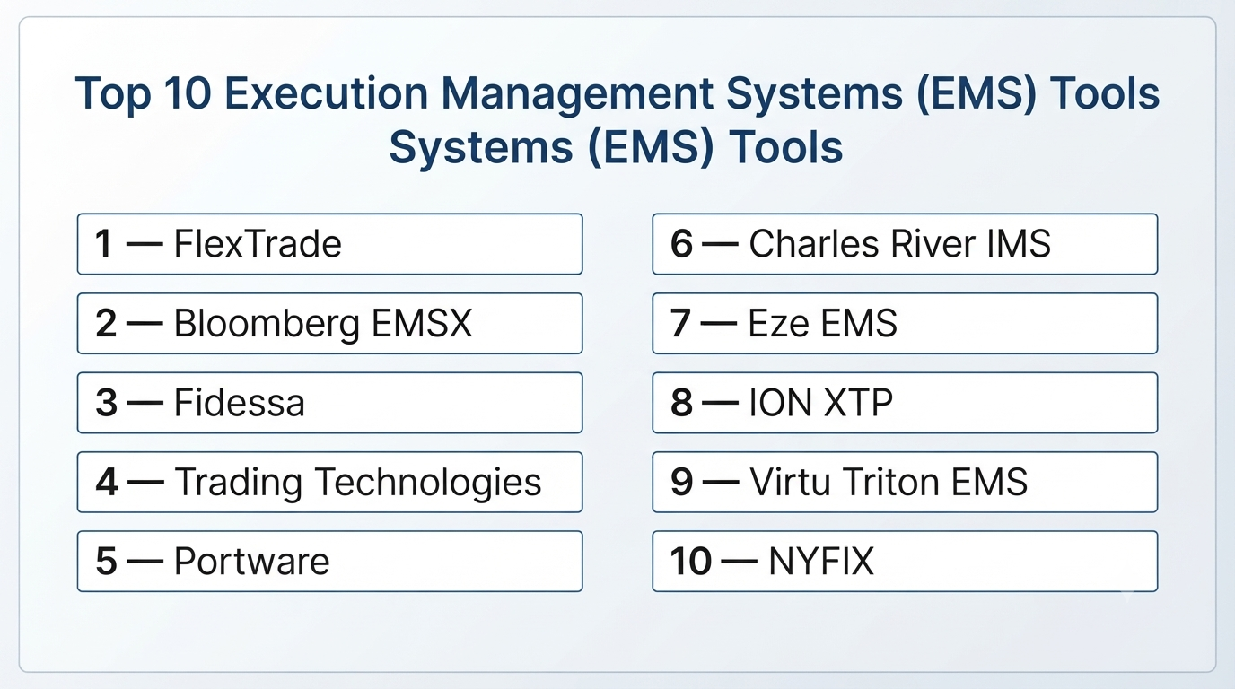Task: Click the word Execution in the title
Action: pos(326,93)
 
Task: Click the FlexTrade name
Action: pos(258,244)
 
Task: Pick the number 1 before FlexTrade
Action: pos(103,244)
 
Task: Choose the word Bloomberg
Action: pos(267,324)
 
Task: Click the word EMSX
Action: pos(422,323)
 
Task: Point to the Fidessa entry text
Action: pos(240,403)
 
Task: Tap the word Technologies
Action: pos(428,483)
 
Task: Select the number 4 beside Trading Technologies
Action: pos(107,482)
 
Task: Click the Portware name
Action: pos(252,561)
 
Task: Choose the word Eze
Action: pos(779,323)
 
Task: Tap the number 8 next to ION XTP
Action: pos(681,403)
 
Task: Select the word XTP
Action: pos(857,403)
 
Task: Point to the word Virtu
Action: pos(790,482)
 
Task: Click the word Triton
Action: pos(890,482)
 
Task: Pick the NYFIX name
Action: pos(821,561)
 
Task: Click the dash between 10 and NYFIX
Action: pos(739,562)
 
